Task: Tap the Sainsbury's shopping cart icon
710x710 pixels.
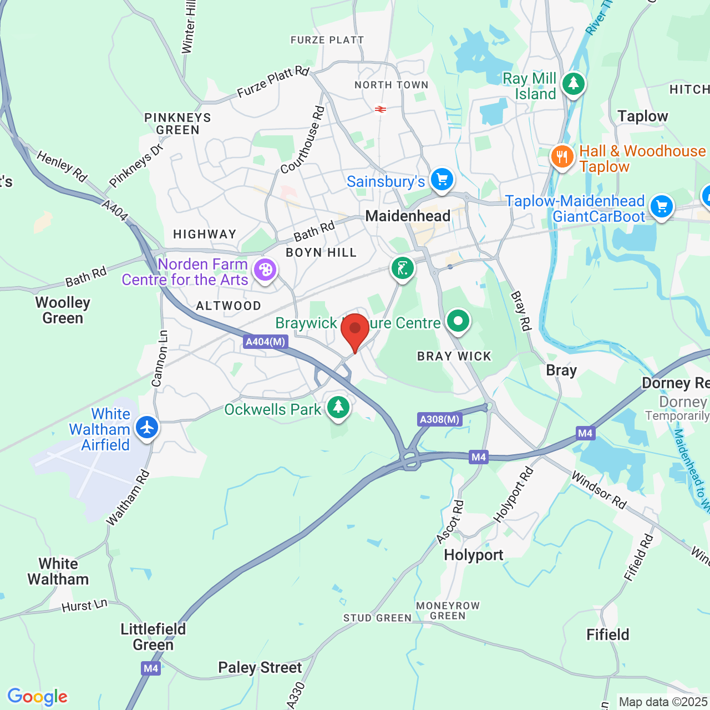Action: (x=442, y=180)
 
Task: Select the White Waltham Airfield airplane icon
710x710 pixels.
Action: (x=147, y=427)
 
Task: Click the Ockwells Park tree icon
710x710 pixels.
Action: (x=338, y=407)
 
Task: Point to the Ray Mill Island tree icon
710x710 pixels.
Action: (x=574, y=84)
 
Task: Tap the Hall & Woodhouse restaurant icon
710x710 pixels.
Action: (x=562, y=156)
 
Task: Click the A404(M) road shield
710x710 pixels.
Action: (x=266, y=342)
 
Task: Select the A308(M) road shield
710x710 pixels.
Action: (x=439, y=419)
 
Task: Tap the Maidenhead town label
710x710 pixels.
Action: (x=408, y=216)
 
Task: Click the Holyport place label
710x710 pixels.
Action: (x=474, y=555)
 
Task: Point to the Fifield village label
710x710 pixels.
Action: (x=608, y=635)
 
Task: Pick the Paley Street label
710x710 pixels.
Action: (x=260, y=667)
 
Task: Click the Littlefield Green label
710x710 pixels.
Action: (x=153, y=637)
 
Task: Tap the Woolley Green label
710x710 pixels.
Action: (x=63, y=310)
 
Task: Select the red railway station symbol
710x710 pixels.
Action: (x=381, y=109)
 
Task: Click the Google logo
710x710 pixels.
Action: (x=38, y=697)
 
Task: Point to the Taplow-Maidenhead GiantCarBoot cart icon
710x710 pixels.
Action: (x=661, y=207)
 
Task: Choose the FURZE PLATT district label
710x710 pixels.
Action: (x=327, y=40)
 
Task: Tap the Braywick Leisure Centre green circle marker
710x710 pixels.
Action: (x=458, y=321)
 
